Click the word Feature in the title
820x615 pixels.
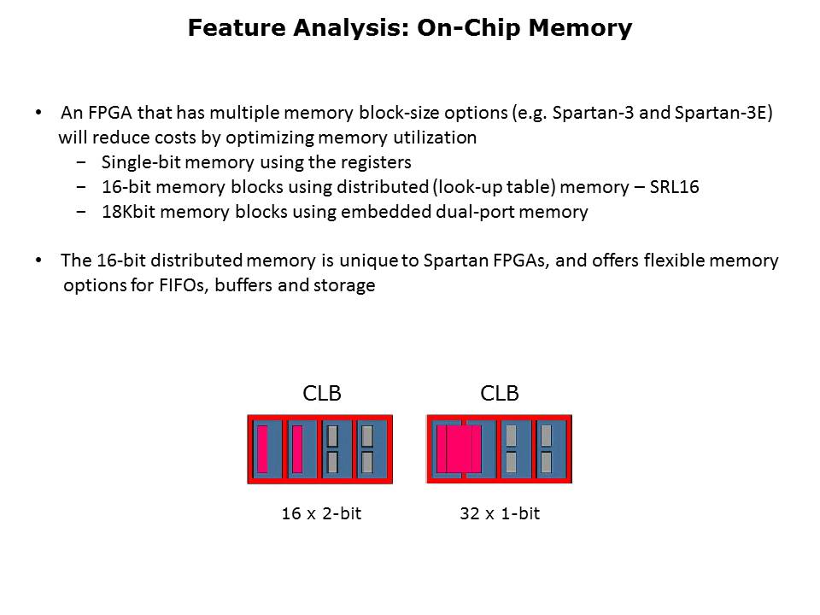237,27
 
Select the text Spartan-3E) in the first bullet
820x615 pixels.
723,113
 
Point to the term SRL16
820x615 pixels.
674,187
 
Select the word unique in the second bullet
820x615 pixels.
368,261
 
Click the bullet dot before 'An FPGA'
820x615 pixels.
38,113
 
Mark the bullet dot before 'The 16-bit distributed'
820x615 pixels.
38,261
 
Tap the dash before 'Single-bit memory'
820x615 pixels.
81,162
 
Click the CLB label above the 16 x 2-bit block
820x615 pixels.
322,393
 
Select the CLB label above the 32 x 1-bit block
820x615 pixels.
500,393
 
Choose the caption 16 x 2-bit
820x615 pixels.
321,513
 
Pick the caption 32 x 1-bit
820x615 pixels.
500,513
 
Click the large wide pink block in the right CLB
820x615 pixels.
459,449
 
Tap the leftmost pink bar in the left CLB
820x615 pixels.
262,449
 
